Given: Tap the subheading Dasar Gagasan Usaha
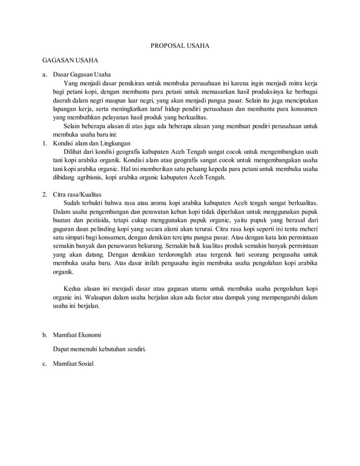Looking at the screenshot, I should click(82, 74).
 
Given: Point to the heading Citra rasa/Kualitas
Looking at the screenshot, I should click(77, 194).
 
